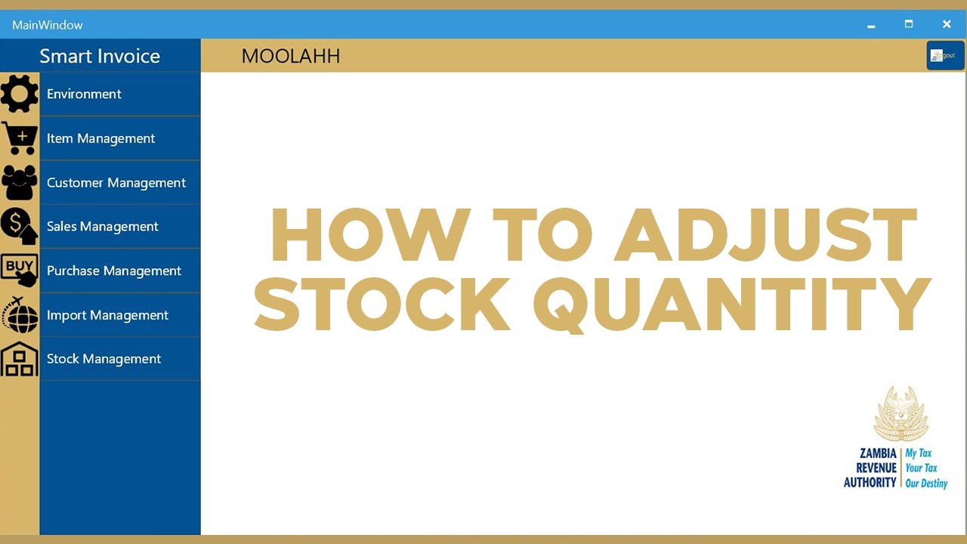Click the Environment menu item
click(x=84, y=94)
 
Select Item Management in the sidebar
click(x=100, y=138)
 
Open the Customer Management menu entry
click(x=116, y=183)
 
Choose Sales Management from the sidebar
click(x=102, y=227)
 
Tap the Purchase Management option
click(x=113, y=270)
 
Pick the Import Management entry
click(x=107, y=315)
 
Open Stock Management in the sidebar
click(x=103, y=359)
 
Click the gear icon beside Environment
click(x=20, y=94)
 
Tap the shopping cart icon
click(x=20, y=138)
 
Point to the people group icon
click(x=20, y=182)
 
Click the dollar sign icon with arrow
click(x=20, y=227)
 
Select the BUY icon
click(x=20, y=270)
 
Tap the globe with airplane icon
click(x=20, y=314)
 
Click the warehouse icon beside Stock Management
click(x=20, y=359)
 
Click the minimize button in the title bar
click(x=871, y=25)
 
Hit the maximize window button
click(x=909, y=25)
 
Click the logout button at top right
click(x=945, y=55)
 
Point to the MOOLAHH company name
click(x=291, y=56)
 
